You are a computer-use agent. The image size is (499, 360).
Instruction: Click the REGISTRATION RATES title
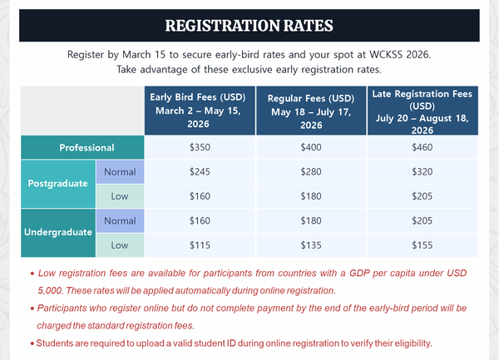[249, 24]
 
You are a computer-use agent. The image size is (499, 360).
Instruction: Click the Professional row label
[87, 147]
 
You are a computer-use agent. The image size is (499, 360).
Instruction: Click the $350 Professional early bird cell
[200, 147]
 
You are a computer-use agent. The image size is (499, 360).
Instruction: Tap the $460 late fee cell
[422, 147]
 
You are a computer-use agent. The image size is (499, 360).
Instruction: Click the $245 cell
[200, 172]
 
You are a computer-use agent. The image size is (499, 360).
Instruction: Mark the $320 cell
[422, 172]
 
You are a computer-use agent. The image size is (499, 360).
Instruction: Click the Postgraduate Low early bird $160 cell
[200, 196]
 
